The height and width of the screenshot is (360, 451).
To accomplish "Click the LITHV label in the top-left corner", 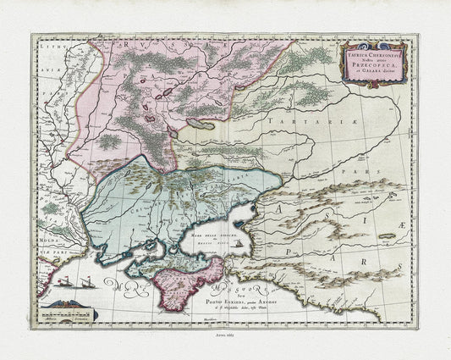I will pos(47,52).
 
